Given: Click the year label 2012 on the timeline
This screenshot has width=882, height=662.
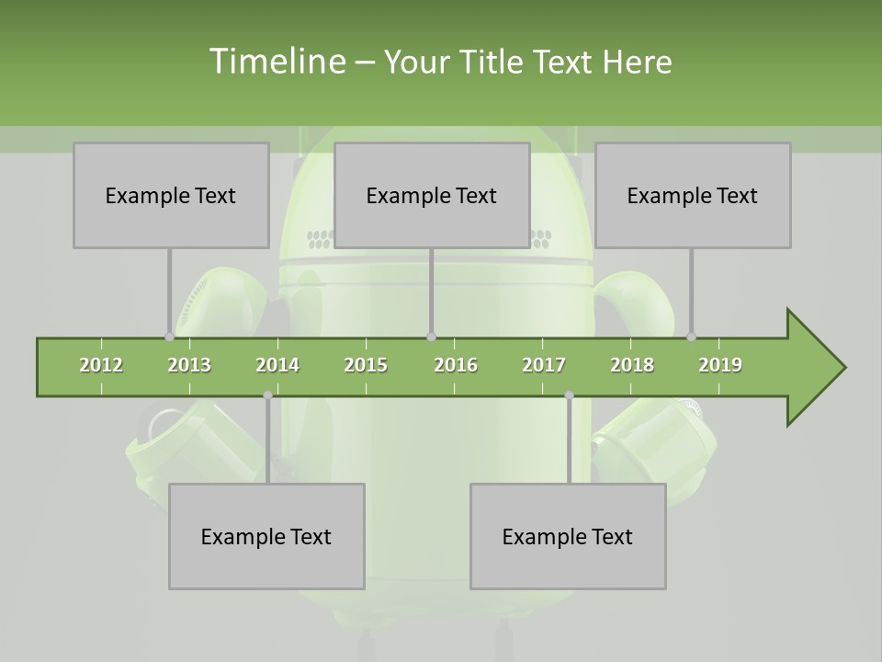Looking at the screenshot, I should point(101,365).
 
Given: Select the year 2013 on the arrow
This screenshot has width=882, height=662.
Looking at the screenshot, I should point(189,365).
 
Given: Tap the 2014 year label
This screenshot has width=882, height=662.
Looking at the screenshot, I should point(277,365).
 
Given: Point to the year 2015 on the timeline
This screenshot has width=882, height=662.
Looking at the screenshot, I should point(366,365).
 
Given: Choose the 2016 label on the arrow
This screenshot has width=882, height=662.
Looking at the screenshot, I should point(456,365).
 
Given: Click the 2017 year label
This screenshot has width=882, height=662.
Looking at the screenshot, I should point(544,365).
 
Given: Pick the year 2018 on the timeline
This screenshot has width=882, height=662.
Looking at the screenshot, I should point(632,365).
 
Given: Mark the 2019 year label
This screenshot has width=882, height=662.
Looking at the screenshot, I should point(720,365).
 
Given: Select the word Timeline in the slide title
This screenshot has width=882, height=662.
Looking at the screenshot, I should point(277,62).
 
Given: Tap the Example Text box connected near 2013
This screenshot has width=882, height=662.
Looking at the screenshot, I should point(171,195).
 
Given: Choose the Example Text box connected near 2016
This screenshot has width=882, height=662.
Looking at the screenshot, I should point(432,195).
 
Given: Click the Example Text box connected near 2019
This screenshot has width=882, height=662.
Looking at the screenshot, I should point(693,195).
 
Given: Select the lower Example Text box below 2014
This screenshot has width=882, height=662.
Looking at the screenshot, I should point(266,536).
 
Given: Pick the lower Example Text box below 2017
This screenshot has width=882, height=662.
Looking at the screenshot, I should point(568,536).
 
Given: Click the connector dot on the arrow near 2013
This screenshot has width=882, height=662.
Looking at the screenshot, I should point(169,337).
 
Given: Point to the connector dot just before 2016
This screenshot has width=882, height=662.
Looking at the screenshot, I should point(432,337).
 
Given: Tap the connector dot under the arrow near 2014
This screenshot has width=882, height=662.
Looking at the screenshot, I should point(267,395).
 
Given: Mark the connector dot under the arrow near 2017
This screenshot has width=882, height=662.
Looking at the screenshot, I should point(569,395).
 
